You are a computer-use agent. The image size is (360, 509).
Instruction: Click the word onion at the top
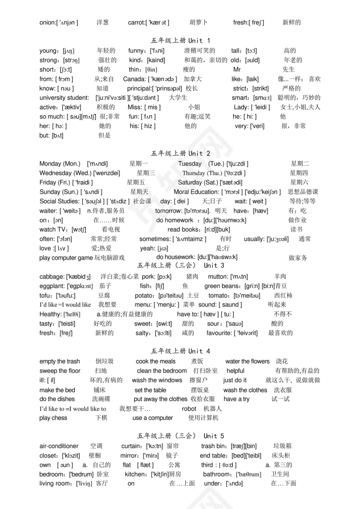[x=47, y=23]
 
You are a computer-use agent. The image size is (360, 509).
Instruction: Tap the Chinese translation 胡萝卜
[x=198, y=23]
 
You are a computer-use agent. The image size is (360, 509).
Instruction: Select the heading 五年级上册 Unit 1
[x=180, y=41]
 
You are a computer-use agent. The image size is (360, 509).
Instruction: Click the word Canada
[x=135, y=79]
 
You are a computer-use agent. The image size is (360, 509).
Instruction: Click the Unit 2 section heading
[x=180, y=154]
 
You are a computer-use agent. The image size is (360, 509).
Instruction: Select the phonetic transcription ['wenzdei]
[x=107, y=173]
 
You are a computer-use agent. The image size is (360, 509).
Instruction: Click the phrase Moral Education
[x=196, y=192]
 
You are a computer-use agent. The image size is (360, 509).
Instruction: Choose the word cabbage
[x=52, y=277]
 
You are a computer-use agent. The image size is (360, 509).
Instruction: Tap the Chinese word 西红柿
[x=284, y=296]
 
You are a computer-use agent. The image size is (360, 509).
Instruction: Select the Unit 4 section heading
[x=180, y=351]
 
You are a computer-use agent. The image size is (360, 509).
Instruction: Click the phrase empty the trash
[x=59, y=362]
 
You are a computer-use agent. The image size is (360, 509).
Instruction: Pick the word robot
[x=189, y=409]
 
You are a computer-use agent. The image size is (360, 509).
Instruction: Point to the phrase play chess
[x=53, y=418]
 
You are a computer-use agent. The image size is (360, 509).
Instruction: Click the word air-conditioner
[x=59, y=446]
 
